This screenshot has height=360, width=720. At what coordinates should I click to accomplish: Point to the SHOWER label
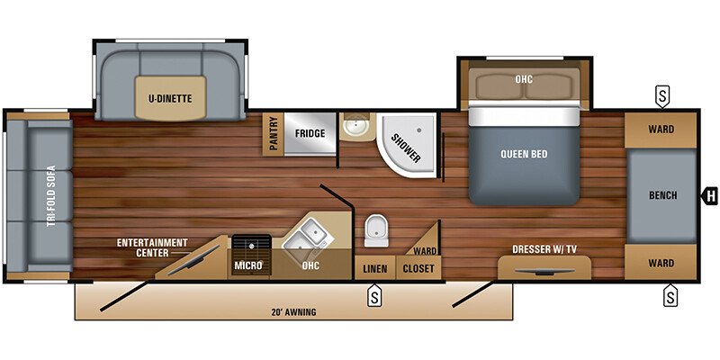coord(406,148)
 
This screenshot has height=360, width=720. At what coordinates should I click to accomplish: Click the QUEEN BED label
coord(524,154)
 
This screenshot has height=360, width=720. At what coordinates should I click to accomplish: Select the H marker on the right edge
coord(710,194)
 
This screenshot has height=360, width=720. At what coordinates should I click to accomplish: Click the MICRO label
coord(247,265)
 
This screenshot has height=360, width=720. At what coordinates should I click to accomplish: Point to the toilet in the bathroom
coord(376,232)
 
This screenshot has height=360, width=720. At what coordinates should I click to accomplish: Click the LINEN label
coord(374,269)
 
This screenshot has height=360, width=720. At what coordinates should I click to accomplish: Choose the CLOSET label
coord(418,269)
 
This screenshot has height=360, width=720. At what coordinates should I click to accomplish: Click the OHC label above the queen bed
coord(524,79)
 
